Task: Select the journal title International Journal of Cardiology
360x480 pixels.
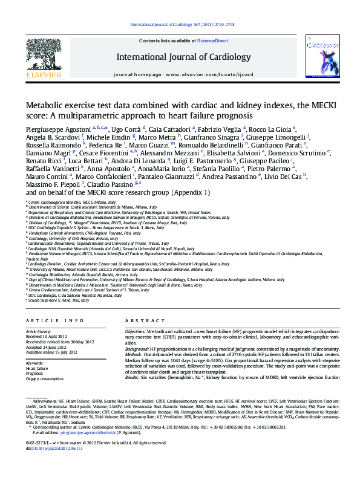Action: coord(183,57)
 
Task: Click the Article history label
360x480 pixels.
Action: coord(39,331)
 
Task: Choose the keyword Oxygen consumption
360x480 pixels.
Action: coord(44,379)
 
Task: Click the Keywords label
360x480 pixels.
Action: coord(35,363)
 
